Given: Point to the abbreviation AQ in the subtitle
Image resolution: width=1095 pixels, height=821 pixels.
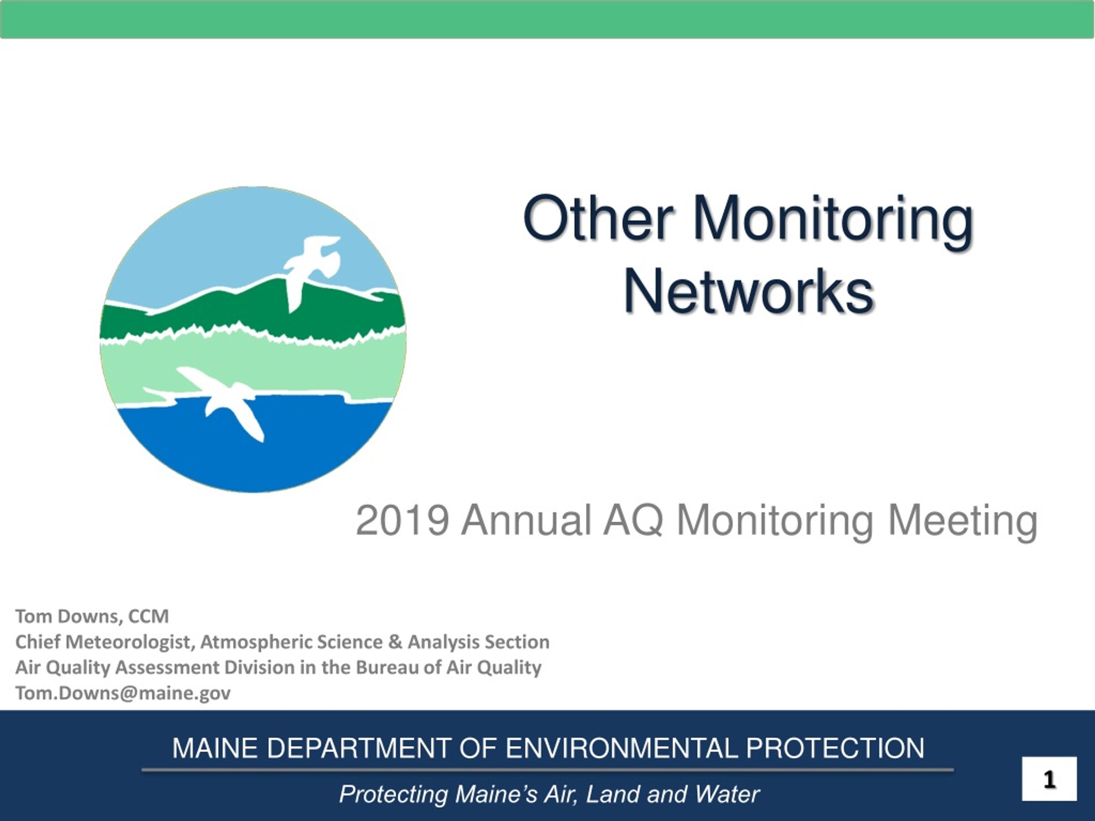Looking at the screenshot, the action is pos(633,521).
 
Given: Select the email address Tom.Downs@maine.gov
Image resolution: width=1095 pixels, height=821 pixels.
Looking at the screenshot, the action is pos(123,693).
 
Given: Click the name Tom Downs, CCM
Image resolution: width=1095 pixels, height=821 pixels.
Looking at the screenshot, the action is pos(92,616).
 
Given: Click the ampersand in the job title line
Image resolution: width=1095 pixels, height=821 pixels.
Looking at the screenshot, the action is pos(395,642).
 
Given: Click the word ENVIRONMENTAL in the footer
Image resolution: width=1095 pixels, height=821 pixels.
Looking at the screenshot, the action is pos(622,748).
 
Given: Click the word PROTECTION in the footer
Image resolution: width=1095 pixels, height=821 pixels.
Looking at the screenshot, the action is pos(835,748).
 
